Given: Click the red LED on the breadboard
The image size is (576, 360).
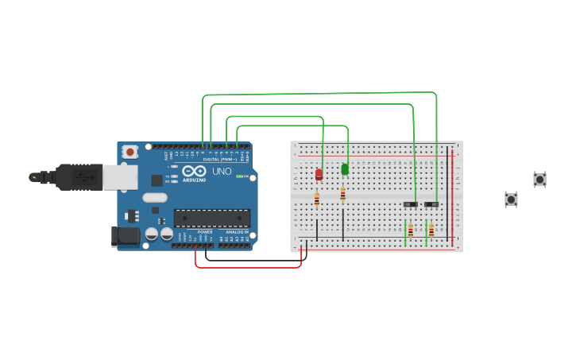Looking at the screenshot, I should pyautogui.click(x=319, y=174).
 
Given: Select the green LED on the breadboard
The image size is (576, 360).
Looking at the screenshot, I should pyautogui.click(x=345, y=168).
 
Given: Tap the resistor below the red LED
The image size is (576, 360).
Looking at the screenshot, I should pyautogui.click(x=316, y=199).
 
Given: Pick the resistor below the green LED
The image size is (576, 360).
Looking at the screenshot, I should pyautogui.click(x=342, y=194).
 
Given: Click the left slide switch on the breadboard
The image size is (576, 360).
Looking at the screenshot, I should pyautogui.click(x=410, y=204).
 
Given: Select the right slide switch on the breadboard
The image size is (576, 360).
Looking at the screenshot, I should pyautogui.click(x=431, y=204).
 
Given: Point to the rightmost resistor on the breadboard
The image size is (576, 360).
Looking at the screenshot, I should pyautogui.click(x=431, y=231).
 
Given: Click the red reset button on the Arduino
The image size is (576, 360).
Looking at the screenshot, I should pyautogui.click(x=130, y=150).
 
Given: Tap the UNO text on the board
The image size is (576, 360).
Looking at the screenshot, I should pyautogui.click(x=222, y=172).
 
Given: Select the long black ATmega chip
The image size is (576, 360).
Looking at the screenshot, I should pyautogui.click(x=212, y=218).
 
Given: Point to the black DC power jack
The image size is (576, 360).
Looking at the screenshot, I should pyautogui.click(x=126, y=236).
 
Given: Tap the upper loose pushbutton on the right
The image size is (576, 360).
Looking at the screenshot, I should pyautogui.click(x=539, y=180).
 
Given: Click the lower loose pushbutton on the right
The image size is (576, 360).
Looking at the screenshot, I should pyautogui.click(x=511, y=199).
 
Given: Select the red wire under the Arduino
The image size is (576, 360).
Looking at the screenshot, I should pyautogui.click(x=248, y=267).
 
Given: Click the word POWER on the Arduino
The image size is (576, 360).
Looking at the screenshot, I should pyautogui.click(x=205, y=232).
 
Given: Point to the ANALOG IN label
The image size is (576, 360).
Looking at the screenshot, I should pyautogui.click(x=237, y=232).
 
